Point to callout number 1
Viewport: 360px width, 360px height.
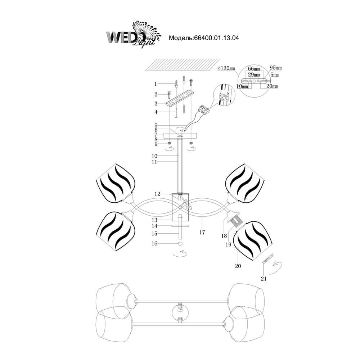pos(156,84)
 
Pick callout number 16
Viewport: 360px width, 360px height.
pos(156,244)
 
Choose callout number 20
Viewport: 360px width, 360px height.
pos(238,266)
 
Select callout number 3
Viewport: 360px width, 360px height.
pos(156,103)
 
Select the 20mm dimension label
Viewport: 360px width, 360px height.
pos(272,86)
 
